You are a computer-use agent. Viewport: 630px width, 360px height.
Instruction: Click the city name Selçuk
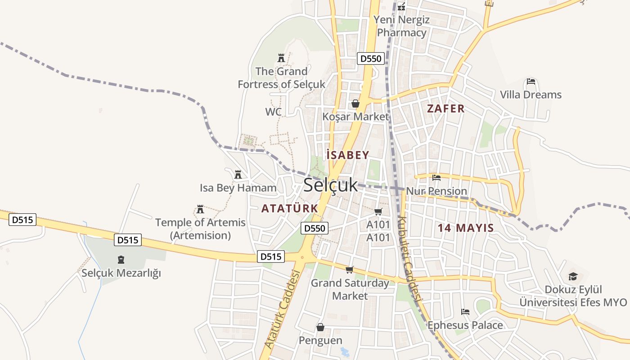pos(330,185)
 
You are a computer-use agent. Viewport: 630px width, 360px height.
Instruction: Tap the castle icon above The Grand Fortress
pos(281,58)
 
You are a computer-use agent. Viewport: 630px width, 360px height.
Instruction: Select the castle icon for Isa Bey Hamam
pos(238,174)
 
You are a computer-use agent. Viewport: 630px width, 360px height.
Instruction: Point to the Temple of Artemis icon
pos(200,209)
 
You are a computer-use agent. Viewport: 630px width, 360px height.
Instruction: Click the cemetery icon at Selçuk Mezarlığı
pos(121,260)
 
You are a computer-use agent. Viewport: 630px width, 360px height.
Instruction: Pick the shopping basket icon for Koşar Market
pos(355,104)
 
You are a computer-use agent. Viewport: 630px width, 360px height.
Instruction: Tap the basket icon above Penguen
pos(320,327)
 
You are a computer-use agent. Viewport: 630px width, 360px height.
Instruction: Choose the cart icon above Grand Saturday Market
pos(350,270)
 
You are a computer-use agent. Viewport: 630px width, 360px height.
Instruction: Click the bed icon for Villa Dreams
pos(531,82)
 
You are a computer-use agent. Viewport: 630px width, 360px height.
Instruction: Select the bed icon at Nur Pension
pos(436,178)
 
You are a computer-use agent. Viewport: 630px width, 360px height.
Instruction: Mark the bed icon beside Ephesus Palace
pos(465,312)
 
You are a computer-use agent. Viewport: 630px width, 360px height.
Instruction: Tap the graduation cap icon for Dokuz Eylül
pos(573,276)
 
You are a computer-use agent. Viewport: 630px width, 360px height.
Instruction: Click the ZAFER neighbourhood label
pos(445,108)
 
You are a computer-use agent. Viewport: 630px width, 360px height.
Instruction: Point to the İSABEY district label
pos(348,155)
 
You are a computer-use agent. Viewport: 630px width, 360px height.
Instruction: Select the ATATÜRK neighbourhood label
pos(289,208)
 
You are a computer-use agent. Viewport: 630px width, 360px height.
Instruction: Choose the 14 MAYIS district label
pos(466,228)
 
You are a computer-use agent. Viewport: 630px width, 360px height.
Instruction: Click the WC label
pos(273,112)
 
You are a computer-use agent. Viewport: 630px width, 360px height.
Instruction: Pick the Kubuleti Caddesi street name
pos(409,259)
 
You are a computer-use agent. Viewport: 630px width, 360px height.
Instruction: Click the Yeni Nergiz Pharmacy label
pos(401,26)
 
